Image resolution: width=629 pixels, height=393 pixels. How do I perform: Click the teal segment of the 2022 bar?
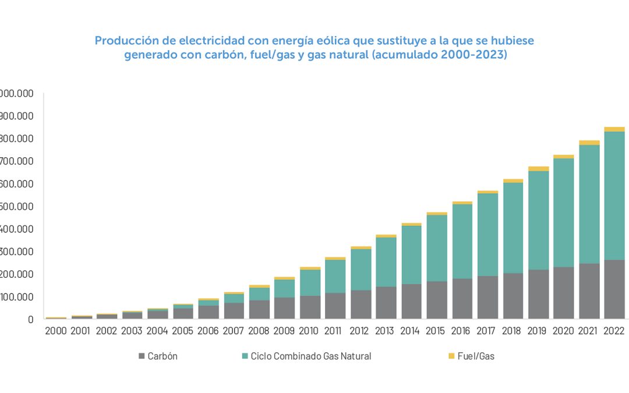[614, 196]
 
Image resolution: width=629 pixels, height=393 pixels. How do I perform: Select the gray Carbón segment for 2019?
[538, 294]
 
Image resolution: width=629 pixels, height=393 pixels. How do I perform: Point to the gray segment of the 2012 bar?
[361, 304]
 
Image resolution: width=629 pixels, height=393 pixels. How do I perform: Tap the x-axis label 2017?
[487, 331]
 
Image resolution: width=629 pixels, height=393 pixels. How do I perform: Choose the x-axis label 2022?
[614, 331]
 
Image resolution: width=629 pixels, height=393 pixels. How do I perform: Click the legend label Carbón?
[162, 356]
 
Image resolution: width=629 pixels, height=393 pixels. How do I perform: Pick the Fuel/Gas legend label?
[476, 356]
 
